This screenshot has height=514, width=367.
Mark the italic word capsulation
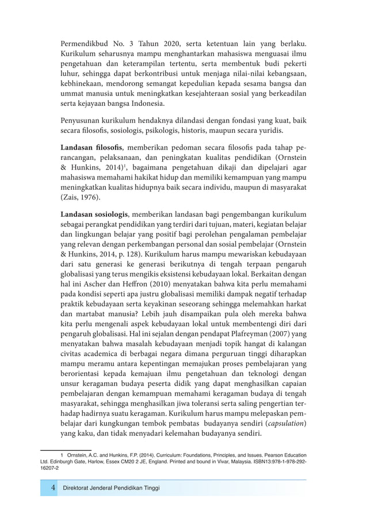tap(278, 423)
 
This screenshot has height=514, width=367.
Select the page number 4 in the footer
tap(53, 488)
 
